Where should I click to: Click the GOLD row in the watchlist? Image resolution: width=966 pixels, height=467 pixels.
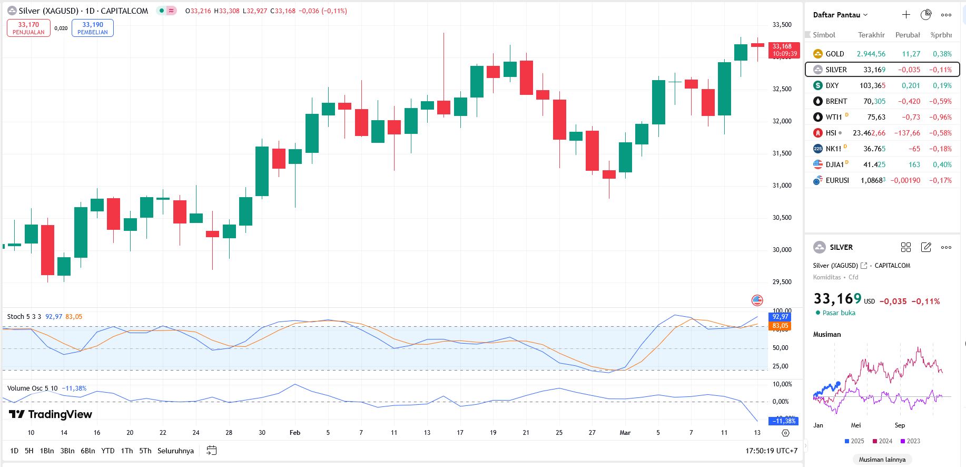882,54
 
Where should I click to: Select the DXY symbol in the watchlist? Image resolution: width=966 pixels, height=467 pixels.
832,85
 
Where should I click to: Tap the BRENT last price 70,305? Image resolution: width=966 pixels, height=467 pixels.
874,101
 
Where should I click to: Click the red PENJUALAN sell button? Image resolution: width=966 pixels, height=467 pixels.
28,28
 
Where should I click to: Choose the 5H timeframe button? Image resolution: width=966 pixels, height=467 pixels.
29,451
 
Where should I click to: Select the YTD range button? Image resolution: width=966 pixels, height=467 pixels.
107,451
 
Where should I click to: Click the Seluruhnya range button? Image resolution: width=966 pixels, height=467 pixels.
175,451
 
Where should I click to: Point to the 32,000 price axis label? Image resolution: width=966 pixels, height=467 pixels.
782,121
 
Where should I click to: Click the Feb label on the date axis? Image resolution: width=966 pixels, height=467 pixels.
295,433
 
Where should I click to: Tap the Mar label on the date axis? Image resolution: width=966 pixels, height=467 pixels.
625,433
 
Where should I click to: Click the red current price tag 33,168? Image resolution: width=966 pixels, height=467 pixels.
783,50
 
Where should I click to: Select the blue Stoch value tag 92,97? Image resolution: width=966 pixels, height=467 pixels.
780,317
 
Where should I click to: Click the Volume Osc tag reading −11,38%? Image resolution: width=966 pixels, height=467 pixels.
784,421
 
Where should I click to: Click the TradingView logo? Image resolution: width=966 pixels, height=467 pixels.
51,414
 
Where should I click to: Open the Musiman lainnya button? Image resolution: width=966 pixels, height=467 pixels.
882,460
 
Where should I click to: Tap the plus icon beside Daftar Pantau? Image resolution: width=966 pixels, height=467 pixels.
906,15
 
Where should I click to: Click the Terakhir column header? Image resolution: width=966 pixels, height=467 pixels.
871,35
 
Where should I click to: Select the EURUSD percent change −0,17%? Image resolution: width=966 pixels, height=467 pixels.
941,180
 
